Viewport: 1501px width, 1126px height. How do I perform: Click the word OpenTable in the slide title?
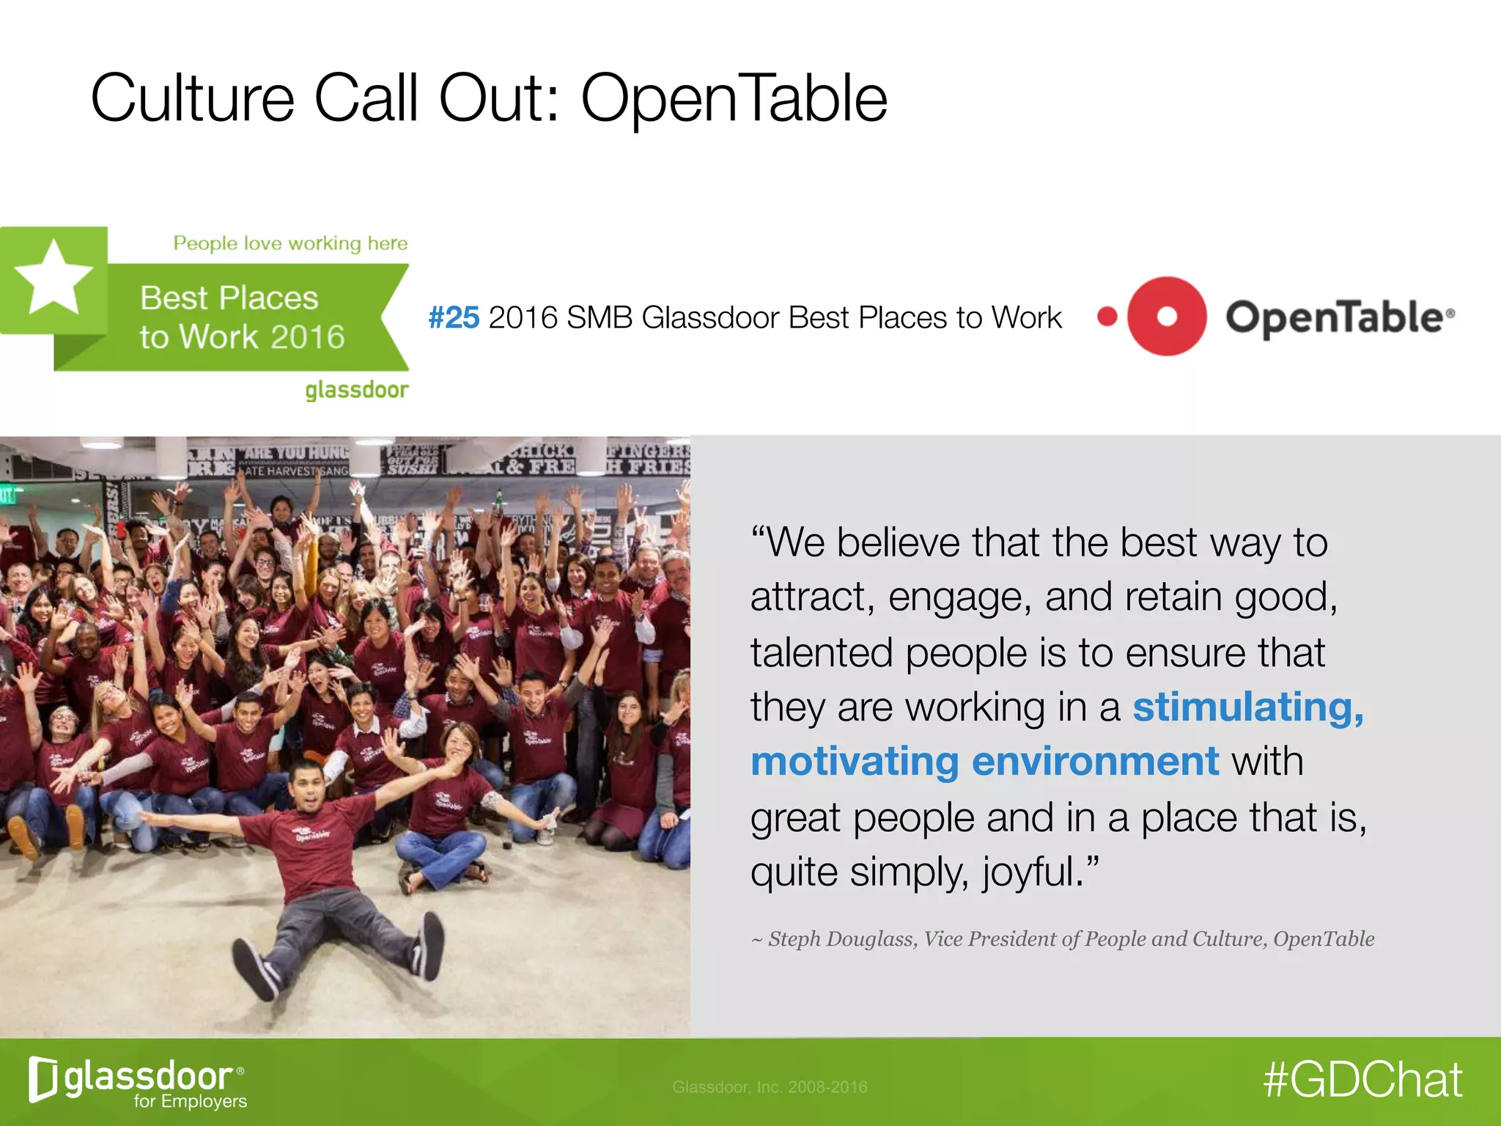coord(734,99)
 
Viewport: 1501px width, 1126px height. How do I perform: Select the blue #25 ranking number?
coord(454,318)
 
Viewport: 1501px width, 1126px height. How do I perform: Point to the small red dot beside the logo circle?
coord(1107,317)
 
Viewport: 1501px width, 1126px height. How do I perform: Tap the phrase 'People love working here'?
coord(290,243)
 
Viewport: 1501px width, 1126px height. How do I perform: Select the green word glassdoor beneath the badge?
coord(357,389)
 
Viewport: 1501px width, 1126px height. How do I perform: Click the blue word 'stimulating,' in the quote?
coord(1248,707)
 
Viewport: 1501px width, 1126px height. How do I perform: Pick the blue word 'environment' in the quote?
coord(1095,762)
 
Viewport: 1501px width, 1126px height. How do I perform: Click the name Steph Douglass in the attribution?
coord(842,939)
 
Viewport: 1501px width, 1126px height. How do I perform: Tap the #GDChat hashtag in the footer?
coord(1362,1080)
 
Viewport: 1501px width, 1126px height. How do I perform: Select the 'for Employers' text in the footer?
coord(190,1101)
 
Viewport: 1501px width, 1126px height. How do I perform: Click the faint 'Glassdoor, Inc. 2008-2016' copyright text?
coord(770,1087)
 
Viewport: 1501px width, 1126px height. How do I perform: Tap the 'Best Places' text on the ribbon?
coord(229,298)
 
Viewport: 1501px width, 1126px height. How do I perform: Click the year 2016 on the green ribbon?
coord(307,337)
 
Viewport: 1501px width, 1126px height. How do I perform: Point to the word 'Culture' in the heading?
coord(192,99)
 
